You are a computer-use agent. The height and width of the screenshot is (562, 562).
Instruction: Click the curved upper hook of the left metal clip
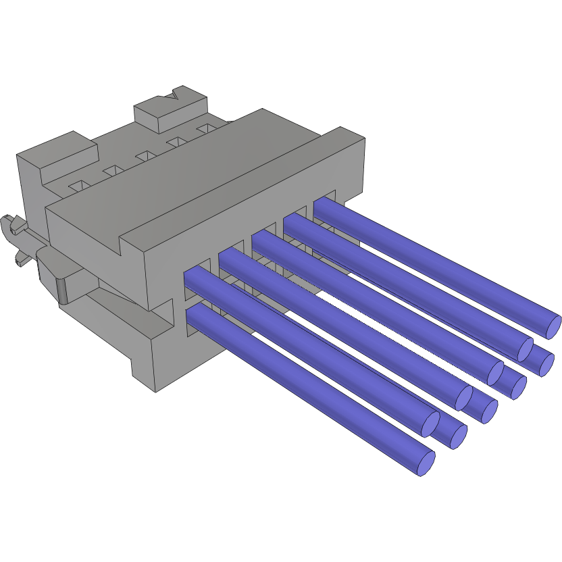[9, 224]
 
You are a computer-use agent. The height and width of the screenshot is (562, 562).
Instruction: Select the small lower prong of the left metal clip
[20, 259]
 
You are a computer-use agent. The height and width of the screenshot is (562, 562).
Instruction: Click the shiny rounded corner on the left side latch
[63, 291]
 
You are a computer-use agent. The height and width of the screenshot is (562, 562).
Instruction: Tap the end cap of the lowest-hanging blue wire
[425, 463]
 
